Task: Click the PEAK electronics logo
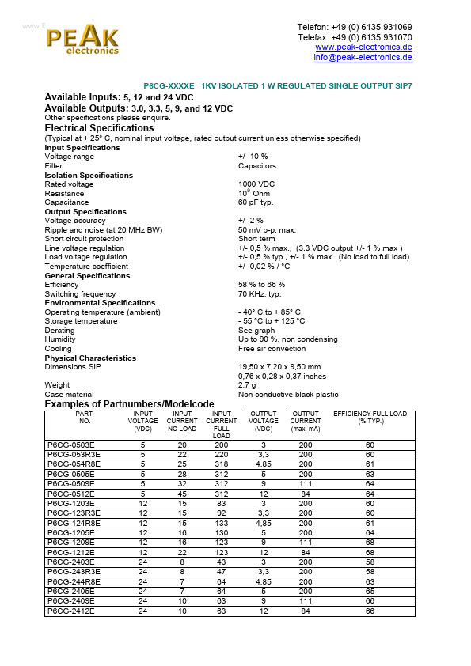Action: point(82,40)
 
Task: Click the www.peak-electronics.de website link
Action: point(363,47)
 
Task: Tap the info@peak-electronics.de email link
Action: point(363,58)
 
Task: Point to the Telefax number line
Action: point(355,37)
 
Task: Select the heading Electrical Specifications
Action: point(99,128)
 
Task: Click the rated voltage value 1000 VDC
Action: point(256,184)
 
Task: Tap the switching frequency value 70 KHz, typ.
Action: point(260,294)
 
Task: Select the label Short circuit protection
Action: point(84,239)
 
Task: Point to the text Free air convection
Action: point(272,349)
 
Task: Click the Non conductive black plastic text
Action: point(288,395)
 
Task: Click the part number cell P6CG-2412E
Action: point(71,611)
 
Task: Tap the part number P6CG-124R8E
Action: point(74,523)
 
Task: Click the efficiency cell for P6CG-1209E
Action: point(370,542)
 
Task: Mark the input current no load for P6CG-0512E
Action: point(182,494)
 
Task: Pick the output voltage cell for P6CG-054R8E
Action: point(264,465)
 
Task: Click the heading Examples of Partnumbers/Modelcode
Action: point(129,404)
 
